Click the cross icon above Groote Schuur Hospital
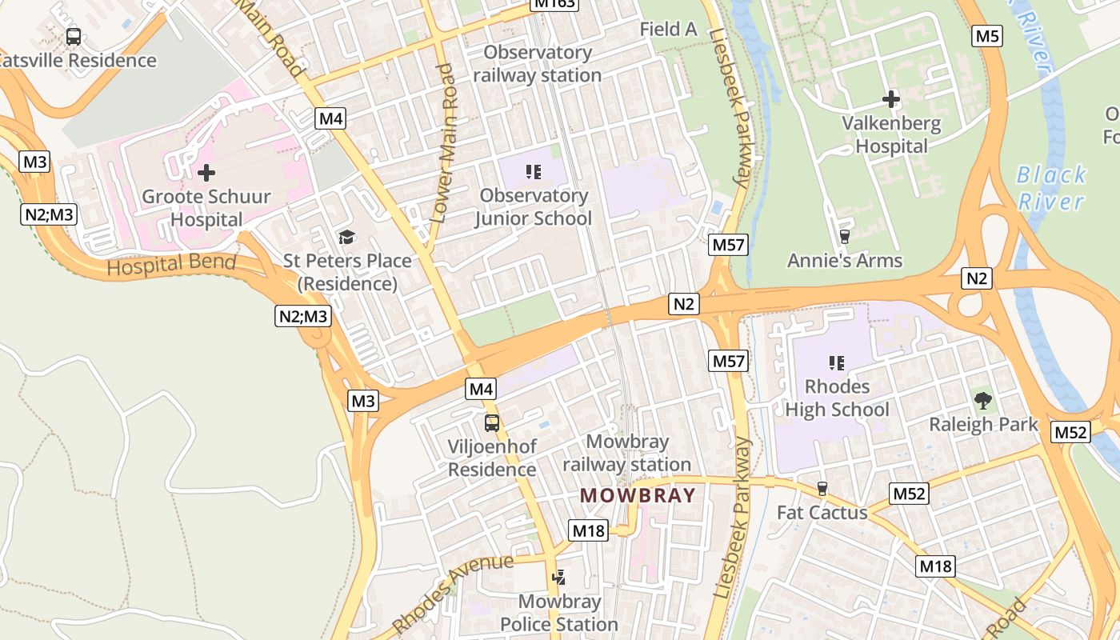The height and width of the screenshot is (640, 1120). pos(206,172)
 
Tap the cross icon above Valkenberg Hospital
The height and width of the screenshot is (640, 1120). pos(891,100)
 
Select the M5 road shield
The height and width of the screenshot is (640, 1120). pos(988,36)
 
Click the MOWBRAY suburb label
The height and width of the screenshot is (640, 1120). pos(638,495)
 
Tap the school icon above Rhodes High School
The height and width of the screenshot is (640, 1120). pos(837,363)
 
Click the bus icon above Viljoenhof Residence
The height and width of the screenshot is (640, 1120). pos(492,423)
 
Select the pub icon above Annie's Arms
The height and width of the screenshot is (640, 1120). pos(844,237)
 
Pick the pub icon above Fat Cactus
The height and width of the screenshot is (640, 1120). pos(822,489)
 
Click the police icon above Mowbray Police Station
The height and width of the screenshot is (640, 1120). pos(559,578)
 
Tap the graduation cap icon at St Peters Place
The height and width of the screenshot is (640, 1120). pos(346,237)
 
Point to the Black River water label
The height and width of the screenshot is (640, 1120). pos(1051,187)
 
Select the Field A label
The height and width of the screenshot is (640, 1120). pos(669,30)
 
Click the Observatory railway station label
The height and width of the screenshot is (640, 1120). pos(537,64)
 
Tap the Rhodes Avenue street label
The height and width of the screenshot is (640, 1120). pos(453,592)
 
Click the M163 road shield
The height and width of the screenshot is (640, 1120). pos(554,3)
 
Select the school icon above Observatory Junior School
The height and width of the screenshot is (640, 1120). pos(534,171)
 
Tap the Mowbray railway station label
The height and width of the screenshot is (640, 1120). pos(626,453)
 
